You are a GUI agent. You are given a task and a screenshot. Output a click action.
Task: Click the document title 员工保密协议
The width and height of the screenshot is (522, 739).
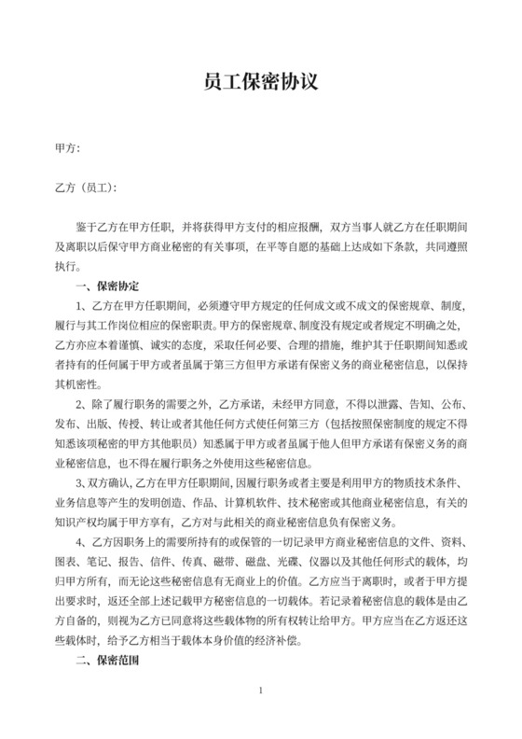(261, 83)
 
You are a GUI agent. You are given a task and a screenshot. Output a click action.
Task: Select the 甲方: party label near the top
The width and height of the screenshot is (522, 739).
(68, 147)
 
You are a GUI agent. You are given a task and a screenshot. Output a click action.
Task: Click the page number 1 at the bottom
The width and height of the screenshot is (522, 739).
(261, 716)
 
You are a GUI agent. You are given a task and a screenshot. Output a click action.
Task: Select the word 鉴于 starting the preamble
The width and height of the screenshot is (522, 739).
(89, 227)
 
